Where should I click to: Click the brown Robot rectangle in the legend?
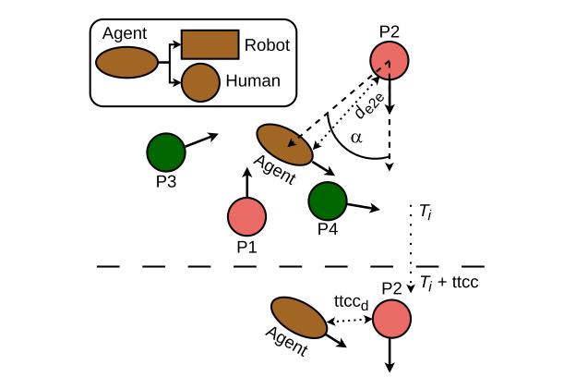(210, 44)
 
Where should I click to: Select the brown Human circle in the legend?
(200, 82)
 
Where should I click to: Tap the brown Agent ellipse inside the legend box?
(126, 62)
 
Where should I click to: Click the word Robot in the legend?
(267, 45)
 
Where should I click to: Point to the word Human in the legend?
(253, 80)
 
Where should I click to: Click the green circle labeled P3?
(166, 152)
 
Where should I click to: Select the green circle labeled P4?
(328, 201)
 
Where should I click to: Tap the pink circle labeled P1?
(246, 217)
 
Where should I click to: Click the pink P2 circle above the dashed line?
(390, 60)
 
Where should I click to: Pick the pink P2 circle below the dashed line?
(391, 319)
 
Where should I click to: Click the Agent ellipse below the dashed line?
(298, 318)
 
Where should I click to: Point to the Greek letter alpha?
(356, 138)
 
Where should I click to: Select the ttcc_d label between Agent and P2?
(352, 302)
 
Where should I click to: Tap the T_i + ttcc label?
(450, 282)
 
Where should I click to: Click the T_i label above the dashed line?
(426, 212)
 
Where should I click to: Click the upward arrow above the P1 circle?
(247, 183)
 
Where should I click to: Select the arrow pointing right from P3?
(202, 140)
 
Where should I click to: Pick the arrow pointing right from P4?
(363, 207)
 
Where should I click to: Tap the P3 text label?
(166, 181)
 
